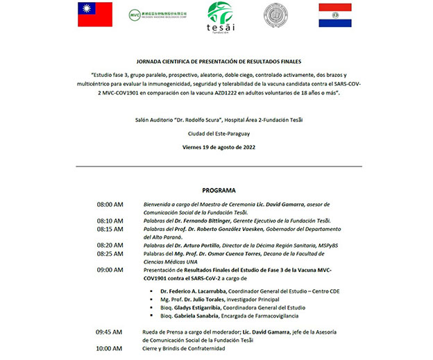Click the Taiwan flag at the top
[95, 15]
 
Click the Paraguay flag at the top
[335, 15]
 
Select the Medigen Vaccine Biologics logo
[158, 15]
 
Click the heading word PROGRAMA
[219, 190]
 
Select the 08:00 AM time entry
[110, 205]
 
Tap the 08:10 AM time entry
[110, 221]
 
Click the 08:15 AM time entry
[110, 229]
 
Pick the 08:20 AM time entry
[110, 245]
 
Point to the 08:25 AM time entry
[110, 253]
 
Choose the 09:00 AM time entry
[110, 269]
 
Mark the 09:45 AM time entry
[110, 332]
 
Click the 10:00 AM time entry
[110, 348]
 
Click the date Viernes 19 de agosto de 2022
[218, 148]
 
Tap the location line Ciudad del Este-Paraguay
[218, 134]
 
